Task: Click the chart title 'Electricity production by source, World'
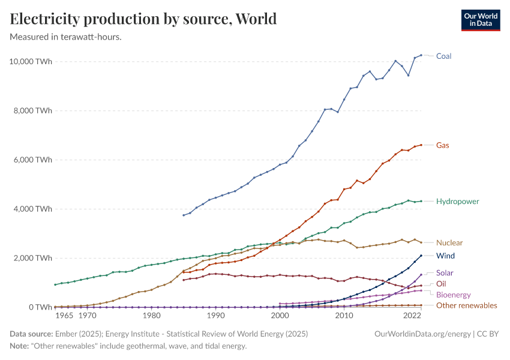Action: [143, 19]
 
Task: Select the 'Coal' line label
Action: [443, 56]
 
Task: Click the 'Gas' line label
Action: [442, 145]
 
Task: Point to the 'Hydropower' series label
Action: [457, 201]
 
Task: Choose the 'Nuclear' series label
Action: [449, 243]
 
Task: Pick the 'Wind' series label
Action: [445, 256]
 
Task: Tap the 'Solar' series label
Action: [445, 273]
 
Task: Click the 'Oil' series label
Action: [441, 284]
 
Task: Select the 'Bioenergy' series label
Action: [453, 295]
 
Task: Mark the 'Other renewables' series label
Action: [466, 305]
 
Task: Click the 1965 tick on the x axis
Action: [65, 316]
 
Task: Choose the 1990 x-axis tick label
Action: [215, 316]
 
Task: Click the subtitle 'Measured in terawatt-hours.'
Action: [66, 37]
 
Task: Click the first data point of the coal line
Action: [184, 215]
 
